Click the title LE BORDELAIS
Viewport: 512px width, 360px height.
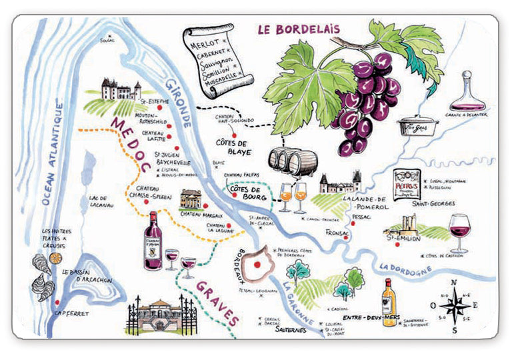coord(298,29)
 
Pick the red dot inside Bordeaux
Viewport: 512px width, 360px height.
coord(256,265)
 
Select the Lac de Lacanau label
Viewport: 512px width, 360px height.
coord(101,201)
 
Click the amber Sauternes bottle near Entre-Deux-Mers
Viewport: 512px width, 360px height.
coord(389,303)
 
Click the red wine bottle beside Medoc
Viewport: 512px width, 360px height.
coord(153,241)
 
